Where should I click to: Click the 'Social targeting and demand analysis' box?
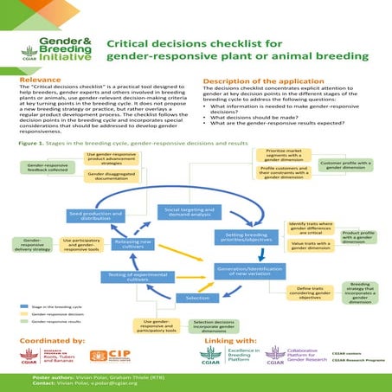[x=190, y=211]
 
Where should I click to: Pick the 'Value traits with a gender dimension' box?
[x=309, y=247]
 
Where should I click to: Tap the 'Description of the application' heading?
[x=250, y=81]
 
